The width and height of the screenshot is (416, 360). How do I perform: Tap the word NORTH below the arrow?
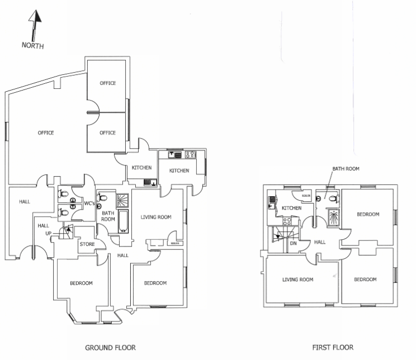[31, 45]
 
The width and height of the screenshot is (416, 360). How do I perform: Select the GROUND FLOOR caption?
[110, 347]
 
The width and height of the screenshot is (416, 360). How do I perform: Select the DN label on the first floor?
[293, 243]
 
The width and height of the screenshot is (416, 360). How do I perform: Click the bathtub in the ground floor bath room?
[124, 224]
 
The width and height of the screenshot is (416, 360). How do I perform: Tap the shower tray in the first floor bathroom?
[334, 216]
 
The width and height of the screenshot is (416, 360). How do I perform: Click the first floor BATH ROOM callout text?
[346, 168]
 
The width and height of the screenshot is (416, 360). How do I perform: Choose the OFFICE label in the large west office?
[45, 133]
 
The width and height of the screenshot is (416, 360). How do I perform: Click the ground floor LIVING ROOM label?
[155, 217]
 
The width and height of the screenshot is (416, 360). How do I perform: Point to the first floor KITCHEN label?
[291, 208]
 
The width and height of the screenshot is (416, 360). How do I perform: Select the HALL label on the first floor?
[319, 241]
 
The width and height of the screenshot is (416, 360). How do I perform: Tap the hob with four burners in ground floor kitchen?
[189, 155]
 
